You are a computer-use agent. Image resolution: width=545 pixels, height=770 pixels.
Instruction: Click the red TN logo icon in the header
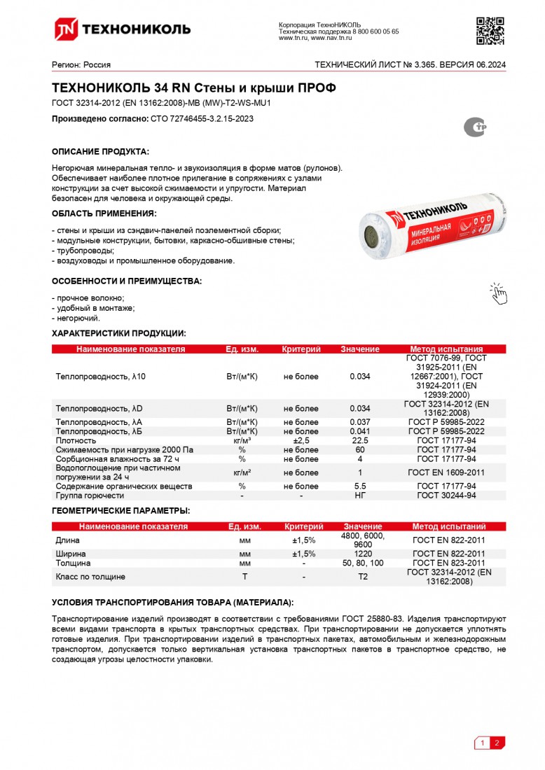(x=67, y=29)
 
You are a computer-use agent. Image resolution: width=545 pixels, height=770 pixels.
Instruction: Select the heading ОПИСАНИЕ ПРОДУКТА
(x=101, y=152)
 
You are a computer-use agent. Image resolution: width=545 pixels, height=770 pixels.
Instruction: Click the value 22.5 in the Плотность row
(x=360, y=441)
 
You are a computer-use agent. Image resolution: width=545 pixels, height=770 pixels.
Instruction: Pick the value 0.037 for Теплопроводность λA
(x=360, y=423)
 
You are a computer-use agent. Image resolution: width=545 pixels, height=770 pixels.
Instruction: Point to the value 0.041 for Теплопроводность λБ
(x=360, y=432)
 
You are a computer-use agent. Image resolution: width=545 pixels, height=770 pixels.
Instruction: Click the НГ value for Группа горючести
(x=360, y=496)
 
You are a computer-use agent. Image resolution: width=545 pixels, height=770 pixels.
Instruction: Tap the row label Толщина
(x=73, y=563)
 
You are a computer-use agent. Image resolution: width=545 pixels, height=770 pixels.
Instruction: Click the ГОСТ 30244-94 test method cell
(x=446, y=496)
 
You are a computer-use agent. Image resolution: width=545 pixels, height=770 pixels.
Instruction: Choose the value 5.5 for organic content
(x=360, y=486)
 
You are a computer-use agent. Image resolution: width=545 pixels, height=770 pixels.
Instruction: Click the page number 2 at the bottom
(x=497, y=743)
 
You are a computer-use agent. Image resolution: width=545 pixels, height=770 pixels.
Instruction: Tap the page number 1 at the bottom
(x=482, y=743)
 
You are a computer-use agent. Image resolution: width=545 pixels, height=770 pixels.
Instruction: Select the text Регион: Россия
(x=81, y=65)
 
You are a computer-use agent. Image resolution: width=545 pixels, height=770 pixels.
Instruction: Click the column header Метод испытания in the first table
(x=446, y=349)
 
